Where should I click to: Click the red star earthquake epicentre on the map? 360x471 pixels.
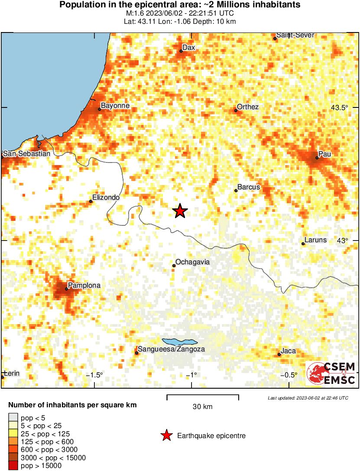point(180,211)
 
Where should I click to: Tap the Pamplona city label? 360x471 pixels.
point(84,286)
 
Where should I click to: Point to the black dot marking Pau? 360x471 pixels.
point(317,158)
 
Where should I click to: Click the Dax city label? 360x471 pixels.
point(188,47)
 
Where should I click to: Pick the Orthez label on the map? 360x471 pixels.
point(248,107)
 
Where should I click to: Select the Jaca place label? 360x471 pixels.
point(288,351)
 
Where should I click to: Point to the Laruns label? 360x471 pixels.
point(315,240)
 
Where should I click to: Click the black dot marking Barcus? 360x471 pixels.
point(236,191)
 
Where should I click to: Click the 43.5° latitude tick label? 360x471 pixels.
point(339,107)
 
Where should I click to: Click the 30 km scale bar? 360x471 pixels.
point(203,396)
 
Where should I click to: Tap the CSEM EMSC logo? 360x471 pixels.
point(331,374)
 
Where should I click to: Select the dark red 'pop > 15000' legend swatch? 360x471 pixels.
point(13,466)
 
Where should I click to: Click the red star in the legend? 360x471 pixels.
point(166,435)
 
